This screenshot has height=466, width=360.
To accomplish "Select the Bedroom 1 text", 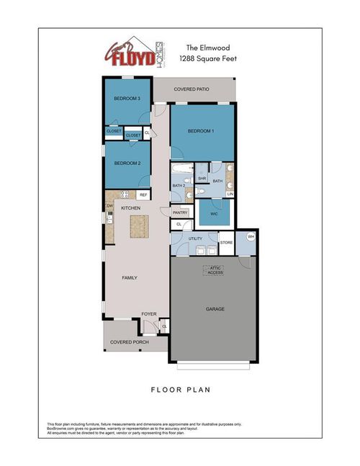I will click(201, 131).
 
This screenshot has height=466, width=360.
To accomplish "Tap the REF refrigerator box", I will click(143, 194).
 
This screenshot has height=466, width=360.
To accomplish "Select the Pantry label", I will click(180, 212).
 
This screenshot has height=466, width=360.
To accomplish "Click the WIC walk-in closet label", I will click(215, 214).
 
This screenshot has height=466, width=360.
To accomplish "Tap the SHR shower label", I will click(202, 178).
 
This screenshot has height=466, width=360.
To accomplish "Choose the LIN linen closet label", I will click(230, 194).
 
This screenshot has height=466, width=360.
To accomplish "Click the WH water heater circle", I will click(251, 237).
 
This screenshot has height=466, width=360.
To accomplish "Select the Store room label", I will click(226, 243).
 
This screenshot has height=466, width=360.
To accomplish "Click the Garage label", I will click(215, 309).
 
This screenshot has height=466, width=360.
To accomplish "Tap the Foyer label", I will click(148, 314).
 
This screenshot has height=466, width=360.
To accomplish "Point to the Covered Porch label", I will click(130, 342).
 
